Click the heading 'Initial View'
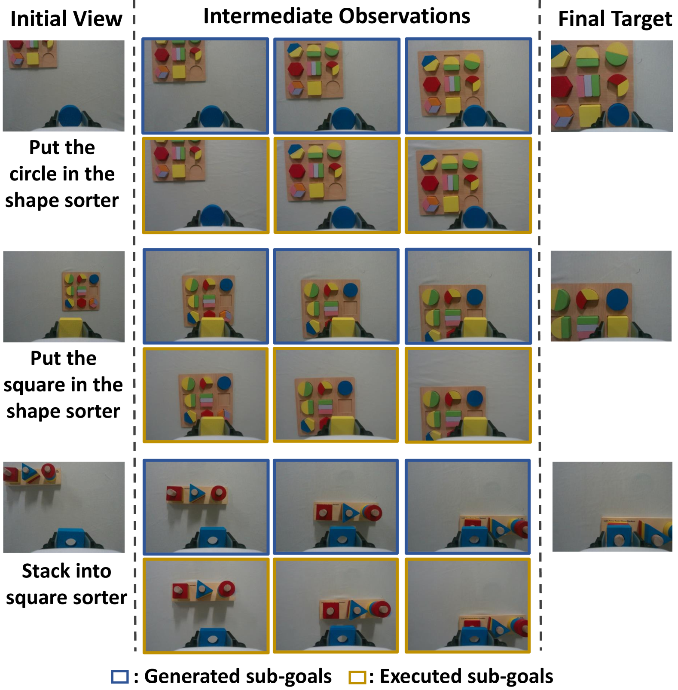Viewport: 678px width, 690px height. pyautogui.click(x=66, y=19)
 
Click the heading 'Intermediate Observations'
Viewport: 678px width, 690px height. pyautogui.click(x=337, y=16)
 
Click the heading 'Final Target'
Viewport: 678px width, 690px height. pyautogui.click(x=615, y=19)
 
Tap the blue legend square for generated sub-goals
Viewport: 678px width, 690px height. pyautogui.click(x=120, y=677)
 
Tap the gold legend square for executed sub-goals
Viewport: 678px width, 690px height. pyautogui.click(x=357, y=677)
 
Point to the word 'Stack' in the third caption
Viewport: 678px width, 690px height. pyautogui.click(x=45, y=571)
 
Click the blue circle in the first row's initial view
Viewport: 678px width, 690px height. pyautogui.click(x=70, y=116)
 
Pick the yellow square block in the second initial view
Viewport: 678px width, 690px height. pyautogui.click(x=70, y=328)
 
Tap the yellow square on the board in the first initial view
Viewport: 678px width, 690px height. pyautogui.click(x=33, y=59)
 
